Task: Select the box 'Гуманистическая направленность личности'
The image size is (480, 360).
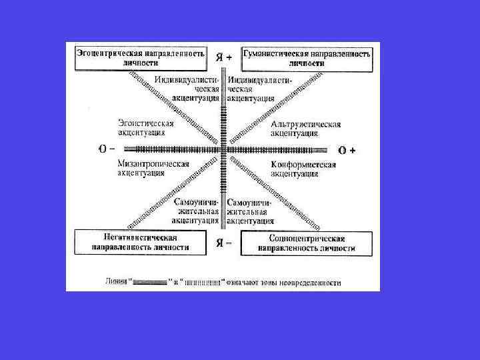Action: tap(306, 58)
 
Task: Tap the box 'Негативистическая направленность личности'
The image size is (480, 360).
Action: tap(140, 242)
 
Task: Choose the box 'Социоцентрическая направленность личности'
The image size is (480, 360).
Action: tap(307, 243)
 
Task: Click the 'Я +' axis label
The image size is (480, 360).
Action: tap(224, 58)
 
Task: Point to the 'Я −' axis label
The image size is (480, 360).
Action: tap(224, 243)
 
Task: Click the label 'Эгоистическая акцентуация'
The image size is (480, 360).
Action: tap(145, 128)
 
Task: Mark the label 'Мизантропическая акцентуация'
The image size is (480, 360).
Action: tap(153, 169)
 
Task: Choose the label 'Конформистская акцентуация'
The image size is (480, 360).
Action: tap(303, 169)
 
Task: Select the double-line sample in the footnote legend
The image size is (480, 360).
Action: tap(149, 283)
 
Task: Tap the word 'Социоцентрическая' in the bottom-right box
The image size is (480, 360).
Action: tap(307, 238)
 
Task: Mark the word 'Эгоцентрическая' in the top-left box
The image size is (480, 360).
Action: tap(108, 53)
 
